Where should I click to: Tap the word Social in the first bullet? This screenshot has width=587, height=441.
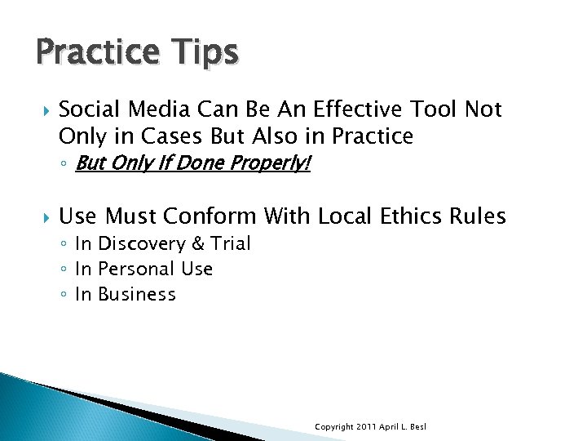[86, 109]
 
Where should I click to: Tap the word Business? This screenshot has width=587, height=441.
[136, 294]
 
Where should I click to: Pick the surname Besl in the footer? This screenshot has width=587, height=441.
[417, 427]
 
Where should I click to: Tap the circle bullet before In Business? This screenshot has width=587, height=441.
[64, 295]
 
